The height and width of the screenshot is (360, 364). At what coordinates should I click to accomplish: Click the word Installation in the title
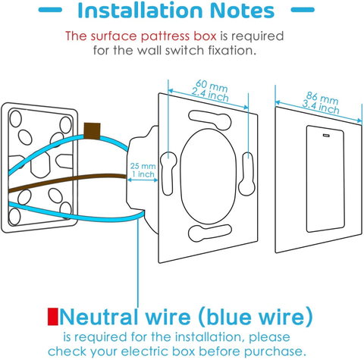(x=140, y=10)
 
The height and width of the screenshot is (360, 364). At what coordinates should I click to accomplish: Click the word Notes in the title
(x=242, y=10)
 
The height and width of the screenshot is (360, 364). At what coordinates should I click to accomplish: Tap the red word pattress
(x=165, y=36)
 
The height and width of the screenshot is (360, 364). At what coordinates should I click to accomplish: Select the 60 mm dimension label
(x=212, y=85)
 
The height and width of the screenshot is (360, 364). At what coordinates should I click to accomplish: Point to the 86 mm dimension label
(x=322, y=98)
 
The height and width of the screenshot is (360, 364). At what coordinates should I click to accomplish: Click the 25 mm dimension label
(x=143, y=166)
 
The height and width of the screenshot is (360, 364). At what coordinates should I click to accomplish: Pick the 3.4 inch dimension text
(x=321, y=107)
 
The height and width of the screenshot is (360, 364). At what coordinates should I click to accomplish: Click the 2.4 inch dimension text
(x=210, y=95)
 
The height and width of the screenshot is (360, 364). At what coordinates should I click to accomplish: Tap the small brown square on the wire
(x=92, y=131)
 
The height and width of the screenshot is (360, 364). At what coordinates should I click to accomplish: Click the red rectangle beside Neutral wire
(x=53, y=316)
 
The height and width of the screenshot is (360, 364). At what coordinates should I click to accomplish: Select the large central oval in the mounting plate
(x=209, y=177)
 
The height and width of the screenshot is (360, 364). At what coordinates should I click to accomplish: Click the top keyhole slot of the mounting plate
(x=210, y=120)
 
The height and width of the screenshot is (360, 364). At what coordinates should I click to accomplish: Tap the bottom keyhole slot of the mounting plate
(x=210, y=233)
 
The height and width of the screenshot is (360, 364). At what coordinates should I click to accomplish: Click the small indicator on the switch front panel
(x=326, y=135)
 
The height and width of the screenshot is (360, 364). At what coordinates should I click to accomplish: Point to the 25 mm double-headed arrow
(x=143, y=180)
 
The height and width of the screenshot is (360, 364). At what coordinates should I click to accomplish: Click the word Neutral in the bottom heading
(x=99, y=317)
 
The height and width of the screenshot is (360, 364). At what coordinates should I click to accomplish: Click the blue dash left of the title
(x=50, y=10)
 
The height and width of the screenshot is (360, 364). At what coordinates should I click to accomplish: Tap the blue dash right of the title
(x=303, y=10)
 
